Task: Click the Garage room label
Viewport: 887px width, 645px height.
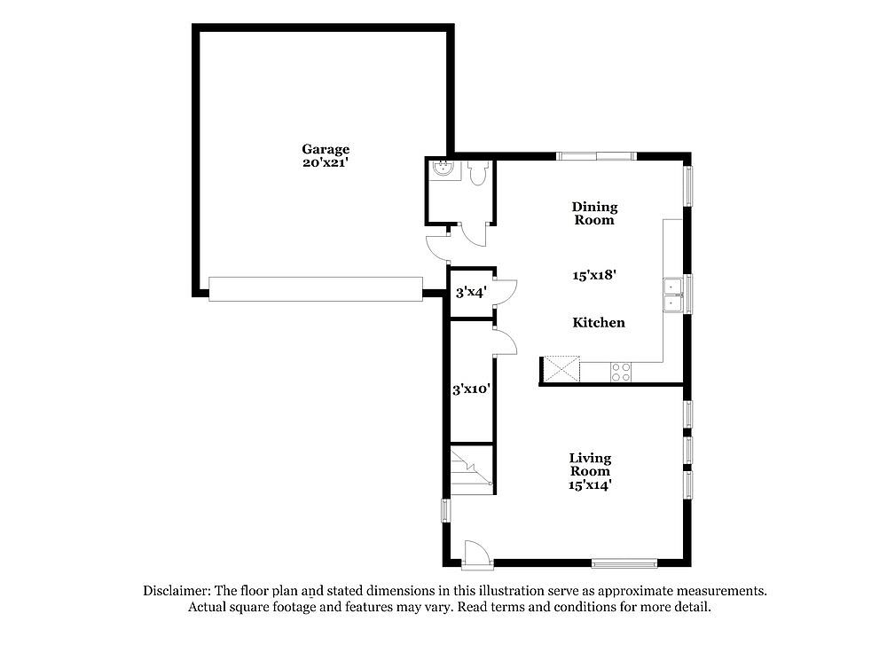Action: coord(326,149)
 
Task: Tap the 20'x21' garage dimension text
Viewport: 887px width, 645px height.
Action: coord(326,163)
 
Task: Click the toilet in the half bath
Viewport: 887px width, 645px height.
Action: coord(478,173)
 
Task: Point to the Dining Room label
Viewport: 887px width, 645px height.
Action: coord(594,213)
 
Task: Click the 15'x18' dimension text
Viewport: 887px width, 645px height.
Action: coord(594,276)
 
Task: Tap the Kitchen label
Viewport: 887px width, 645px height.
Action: coord(599,323)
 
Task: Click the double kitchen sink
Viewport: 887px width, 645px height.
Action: coord(673,295)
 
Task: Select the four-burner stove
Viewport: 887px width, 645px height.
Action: coord(621,372)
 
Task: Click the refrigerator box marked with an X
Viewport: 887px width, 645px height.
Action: coord(561,369)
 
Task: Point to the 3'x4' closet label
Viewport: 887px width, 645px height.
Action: coord(471,293)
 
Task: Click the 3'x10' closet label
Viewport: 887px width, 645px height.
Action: coord(471,389)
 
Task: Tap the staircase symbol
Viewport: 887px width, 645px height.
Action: coord(471,470)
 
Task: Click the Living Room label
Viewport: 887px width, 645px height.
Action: coord(590,465)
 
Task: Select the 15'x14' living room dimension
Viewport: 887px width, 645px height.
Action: coord(590,485)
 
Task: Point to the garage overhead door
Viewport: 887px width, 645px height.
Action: coord(316,288)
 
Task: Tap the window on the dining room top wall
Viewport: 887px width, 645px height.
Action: coord(596,156)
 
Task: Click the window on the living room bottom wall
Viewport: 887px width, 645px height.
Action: coord(624,563)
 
